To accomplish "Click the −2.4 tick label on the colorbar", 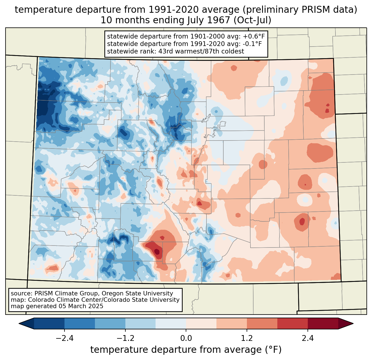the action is click(64, 338).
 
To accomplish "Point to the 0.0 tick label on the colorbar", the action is click(186, 338).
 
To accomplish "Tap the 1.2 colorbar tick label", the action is click(247, 338).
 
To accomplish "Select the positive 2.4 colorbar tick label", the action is click(308, 338).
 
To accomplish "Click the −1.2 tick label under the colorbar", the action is click(125, 338).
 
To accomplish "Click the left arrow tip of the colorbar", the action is click(19, 324).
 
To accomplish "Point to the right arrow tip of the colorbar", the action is click(353, 324).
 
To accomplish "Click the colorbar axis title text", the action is click(186, 350).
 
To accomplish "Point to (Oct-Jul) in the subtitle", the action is click(252, 20).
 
